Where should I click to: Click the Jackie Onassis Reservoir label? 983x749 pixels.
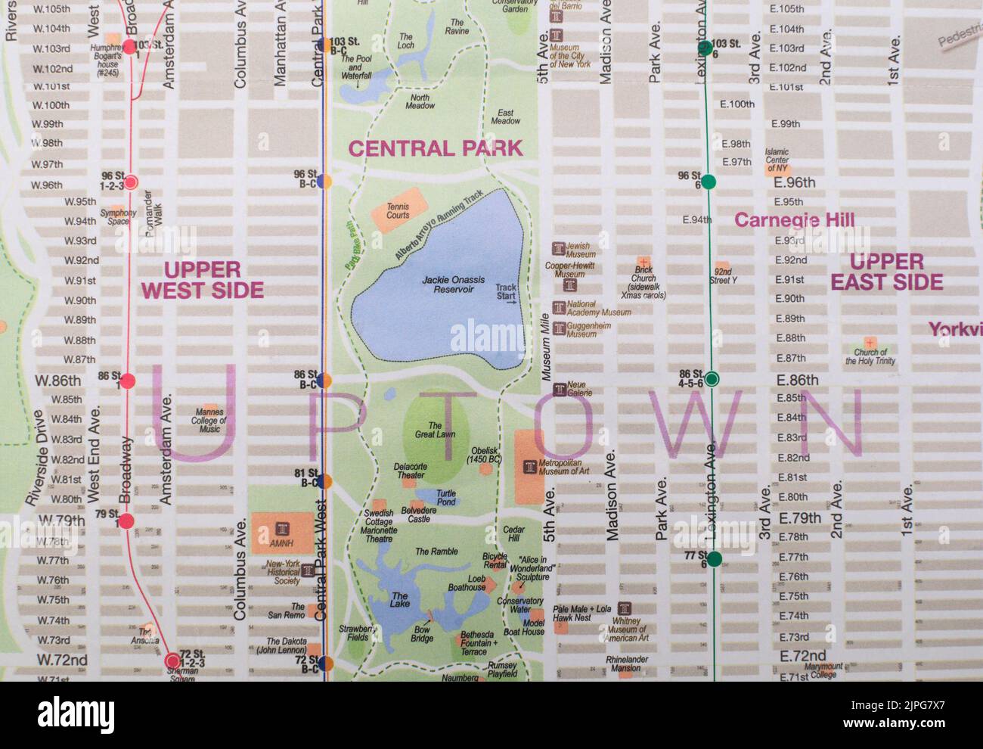[x=448, y=284]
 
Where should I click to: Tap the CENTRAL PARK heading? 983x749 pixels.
[x=435, y=148]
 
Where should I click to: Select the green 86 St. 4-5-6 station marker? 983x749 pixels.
[x=711, y=378]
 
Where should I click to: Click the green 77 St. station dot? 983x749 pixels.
[x=714, y=559]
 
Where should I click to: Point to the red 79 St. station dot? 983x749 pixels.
[x=126, y=521]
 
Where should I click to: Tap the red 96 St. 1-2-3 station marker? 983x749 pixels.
[x=131, y=182]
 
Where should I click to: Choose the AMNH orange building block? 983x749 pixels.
[x=282, y=533]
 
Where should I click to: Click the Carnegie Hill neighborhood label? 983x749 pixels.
[x=794, y=220]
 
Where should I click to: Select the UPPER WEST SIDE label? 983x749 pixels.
[x=202, y=280]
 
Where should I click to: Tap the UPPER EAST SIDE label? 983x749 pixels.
[x=886, y=272]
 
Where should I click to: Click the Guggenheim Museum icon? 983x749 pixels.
[x=559, y=329]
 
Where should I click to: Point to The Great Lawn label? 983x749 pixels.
[x=435, y=430]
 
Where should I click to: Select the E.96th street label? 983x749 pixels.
[x=793, y=182]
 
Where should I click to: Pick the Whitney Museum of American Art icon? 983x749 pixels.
[x=624, y=609]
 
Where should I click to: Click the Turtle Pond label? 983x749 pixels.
[x=446, y=497]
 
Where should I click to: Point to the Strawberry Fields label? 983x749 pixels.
[x=357, y=633]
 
